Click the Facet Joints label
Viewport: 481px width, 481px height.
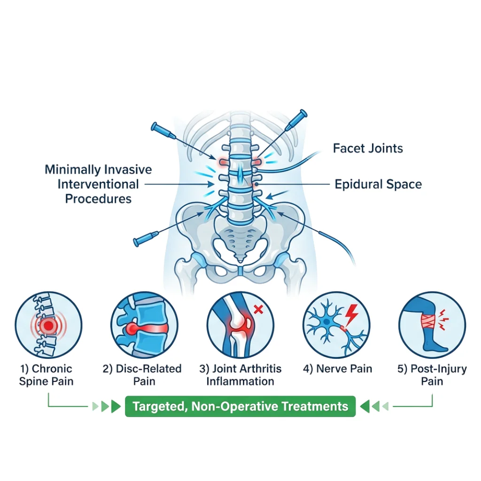coord(368,149)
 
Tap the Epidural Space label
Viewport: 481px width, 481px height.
coord(378,184)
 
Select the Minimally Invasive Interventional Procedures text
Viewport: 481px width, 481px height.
coord(98,184)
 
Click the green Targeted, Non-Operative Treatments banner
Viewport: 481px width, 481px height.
coord(240,406)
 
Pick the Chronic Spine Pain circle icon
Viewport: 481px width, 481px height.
coord(47,325)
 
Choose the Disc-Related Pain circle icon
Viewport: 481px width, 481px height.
coord(143,325)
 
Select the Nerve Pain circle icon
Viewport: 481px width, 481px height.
coord(337,325)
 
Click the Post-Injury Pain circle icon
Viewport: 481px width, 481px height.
coord(432,325)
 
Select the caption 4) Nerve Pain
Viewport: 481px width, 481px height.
coord(337,369)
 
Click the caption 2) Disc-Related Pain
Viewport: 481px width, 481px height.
coord(142,374)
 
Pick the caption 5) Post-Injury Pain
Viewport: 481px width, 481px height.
coord(432,374)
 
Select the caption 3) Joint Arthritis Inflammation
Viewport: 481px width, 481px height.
coord(240,374)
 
